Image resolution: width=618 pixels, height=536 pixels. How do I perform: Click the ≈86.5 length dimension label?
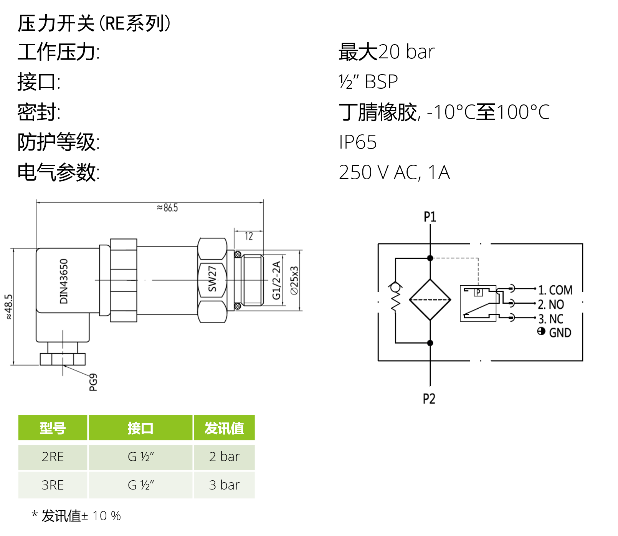pyautogui.click(x=167, y=208)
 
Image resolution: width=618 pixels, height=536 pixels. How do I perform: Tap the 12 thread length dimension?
pyautogui.click(x=249, y=236)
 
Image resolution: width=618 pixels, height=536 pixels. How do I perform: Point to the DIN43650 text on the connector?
pyautogui.click(x=64, y=281)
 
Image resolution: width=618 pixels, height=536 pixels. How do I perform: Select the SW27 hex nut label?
pyautogui.click(x=212, y=279)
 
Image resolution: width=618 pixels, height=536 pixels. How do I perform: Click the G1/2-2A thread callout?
pyautogui.click(x=276, y=280)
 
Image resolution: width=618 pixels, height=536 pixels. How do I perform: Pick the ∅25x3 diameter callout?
pyautogui.click(x=294, y=280)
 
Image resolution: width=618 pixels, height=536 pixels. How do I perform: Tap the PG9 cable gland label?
pyautogui.click(x=93, y=382)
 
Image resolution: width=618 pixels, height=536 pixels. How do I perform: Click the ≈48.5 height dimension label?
pyautogui.click(x=8, y=306)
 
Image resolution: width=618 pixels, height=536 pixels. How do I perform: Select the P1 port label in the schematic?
pyautogui.click(x=430, y=217)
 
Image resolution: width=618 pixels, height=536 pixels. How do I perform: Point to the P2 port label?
pyautogui.click(x=429, y=399)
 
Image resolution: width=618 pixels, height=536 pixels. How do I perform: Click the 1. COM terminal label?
pyautogui.click(x=555, y=290)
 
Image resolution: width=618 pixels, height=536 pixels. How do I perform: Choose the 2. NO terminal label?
pyautogui.click(x=551, y=304)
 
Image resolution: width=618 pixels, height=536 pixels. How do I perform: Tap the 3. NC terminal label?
pyautogui.click(x=551, y=319)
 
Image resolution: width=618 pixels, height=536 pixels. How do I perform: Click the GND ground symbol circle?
pyautogui.click(x=541, y=331)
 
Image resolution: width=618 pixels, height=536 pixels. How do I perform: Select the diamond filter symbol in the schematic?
pyautogui.click(x=430, y=299)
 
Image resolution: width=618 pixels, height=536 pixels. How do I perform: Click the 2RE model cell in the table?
pyautogui.click(x=53, y=457)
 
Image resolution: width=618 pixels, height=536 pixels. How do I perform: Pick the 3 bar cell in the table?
pyautogui.click(x=224, y=485)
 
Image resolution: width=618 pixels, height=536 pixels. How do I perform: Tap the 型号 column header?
pyautogui.click(x=53, y=428)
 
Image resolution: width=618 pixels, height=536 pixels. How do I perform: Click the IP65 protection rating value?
pyautogui.click(x=358, y=142)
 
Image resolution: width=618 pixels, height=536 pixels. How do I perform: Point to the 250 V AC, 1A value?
pyautogui.click(x=394, y=172)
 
